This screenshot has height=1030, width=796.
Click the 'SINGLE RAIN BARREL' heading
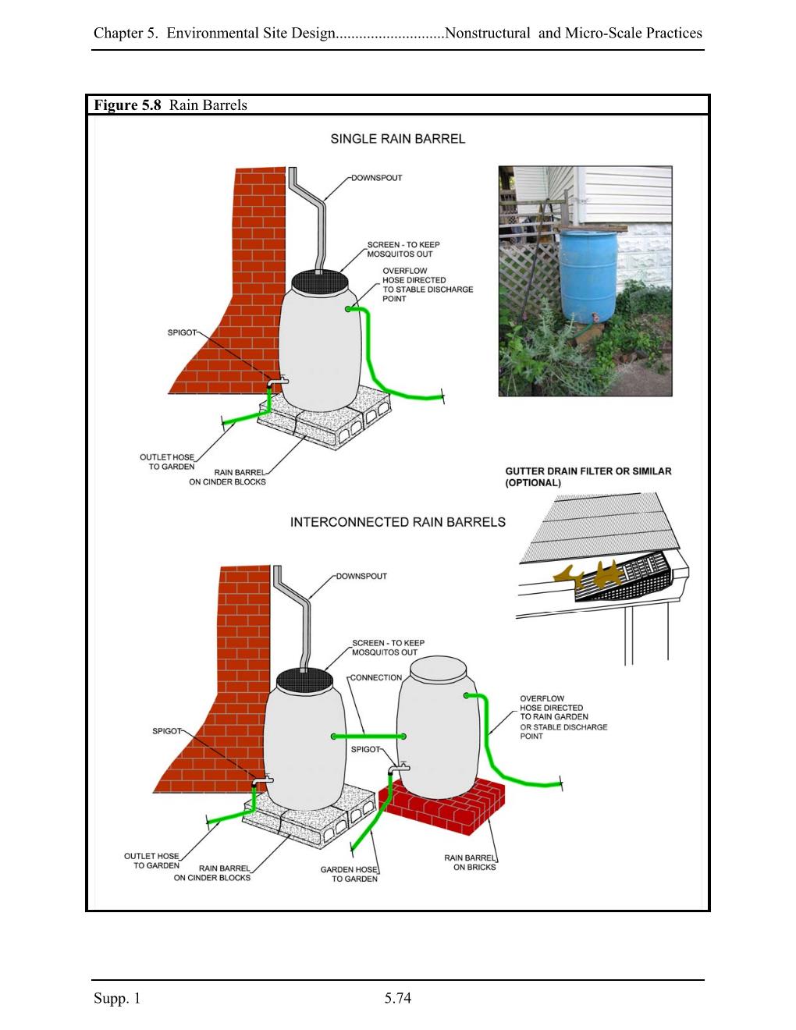397,139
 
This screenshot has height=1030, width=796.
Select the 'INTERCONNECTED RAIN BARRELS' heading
397,522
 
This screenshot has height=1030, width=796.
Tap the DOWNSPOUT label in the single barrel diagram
377,178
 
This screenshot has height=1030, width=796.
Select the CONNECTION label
376,677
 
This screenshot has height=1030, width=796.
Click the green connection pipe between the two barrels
368,736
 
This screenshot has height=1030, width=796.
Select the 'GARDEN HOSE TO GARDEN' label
350,874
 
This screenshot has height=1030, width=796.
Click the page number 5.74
397,998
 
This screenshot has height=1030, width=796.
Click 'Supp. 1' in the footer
117,998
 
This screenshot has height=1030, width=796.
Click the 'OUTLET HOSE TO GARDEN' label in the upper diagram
167,462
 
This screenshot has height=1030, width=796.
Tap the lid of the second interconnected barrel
435,668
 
